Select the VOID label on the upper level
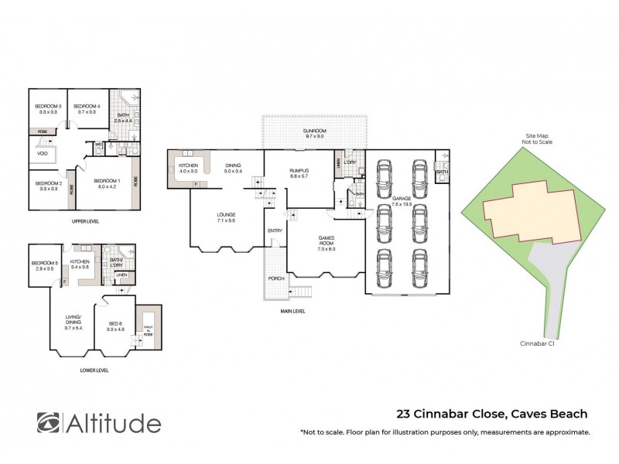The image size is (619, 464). point(43,153)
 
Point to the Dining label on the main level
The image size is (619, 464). point(234,167)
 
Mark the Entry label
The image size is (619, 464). point(275,231)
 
